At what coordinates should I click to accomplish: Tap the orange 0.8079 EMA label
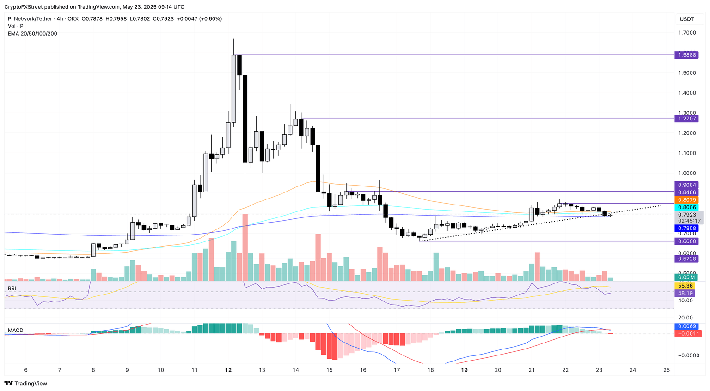click(686, 200)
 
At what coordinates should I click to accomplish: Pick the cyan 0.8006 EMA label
click(686, 208)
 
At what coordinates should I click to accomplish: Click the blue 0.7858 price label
click(686, 228)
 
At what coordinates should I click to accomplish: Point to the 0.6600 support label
click(686, 241)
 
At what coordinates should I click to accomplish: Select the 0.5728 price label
click(686, 259)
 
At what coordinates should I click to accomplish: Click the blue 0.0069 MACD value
click(686, 326)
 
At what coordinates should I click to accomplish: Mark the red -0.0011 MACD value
click(686, 333)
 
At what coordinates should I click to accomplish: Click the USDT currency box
click(686, 19)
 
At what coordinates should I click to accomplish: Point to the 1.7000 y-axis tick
click(686, 33)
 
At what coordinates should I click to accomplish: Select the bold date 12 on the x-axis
click(228, 370)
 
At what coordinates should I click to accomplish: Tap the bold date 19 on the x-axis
click(464, 370)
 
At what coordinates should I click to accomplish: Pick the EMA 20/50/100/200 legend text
click(32, 34)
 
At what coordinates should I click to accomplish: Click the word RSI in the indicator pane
click(12, 289)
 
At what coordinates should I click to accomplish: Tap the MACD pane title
click(15, 331)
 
